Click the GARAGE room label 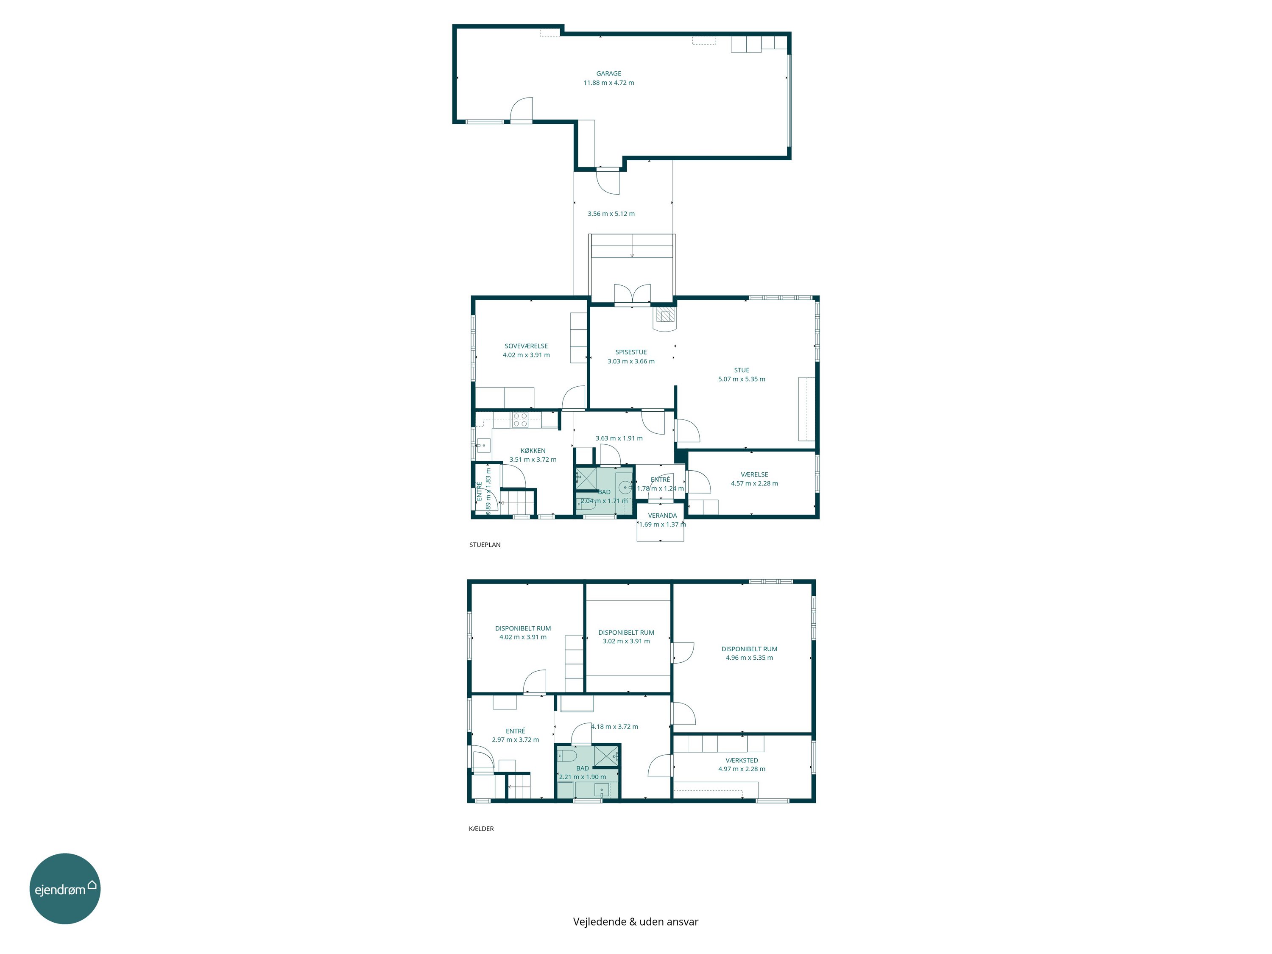click(608, 74)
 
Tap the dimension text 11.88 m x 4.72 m click(608, 83)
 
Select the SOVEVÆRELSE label click(526, 346)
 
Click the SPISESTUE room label click(631, 352)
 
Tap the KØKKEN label click(533, 451)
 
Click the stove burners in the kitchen click(520, 420)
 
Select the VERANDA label click(662, 516)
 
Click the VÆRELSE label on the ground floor click(754, 474)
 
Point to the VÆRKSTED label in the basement click(742, 760)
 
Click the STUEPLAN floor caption click(485, 544)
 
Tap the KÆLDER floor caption click(481, 828)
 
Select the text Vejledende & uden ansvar click(636, 922)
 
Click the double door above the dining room click(632, 294)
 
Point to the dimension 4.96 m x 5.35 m click(749, 658)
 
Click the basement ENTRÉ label click(515, 731)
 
